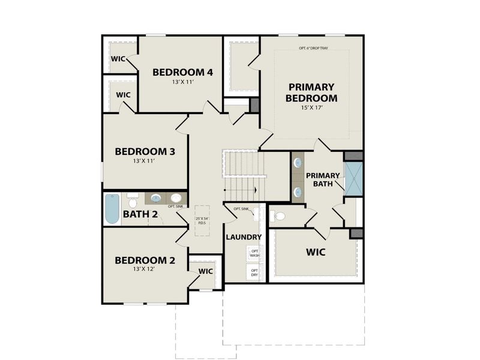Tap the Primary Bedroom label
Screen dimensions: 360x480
pyautogui.click(x=311, y=92)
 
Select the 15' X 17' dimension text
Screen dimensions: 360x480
pyautogui.click(x=311, y=108)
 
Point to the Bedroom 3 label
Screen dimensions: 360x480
pyautogui.click(x=145, y=152)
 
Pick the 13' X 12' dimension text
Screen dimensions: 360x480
pyautogui.click(x=145, y=270)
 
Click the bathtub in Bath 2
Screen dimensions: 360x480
pyautogui.click(x=112, y=209)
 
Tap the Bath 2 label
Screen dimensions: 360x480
pyautogui.click(x=140, y=214)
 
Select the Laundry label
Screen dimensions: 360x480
pyautogui.click(x=243, y=237)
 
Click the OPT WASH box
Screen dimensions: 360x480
pyautogui.click(x=254, y=253)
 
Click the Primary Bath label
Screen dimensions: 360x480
pyautogui.click(x=323, y=179)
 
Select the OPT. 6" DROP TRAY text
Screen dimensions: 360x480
pyautogui.click(x=313, y=48)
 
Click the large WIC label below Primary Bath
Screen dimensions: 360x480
pyautogui.click(x=316, y=252)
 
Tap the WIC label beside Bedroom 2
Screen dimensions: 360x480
pyautogui.click(x=206, y=271)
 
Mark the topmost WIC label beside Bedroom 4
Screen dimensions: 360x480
pyautogui.click(x=118, y=59)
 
